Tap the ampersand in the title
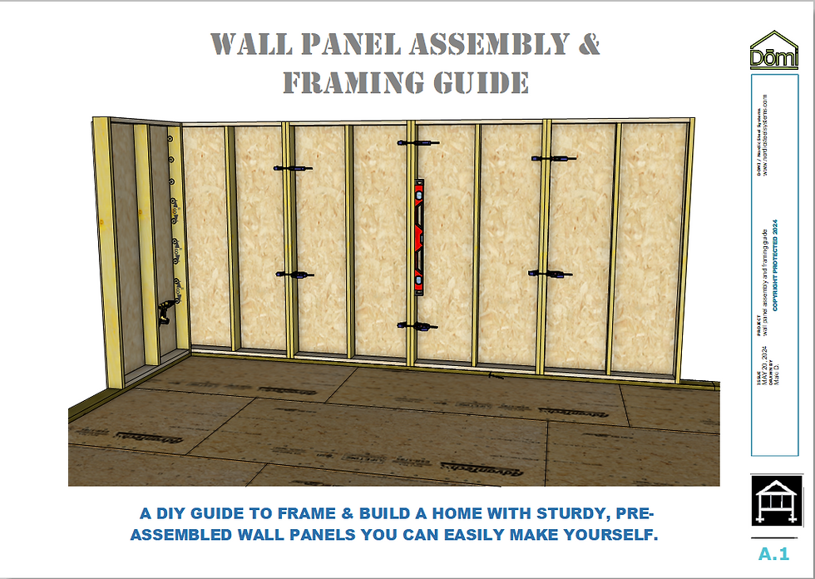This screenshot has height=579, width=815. click(x=588, y=45)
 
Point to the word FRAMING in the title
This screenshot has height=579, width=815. click(x=363, y=82)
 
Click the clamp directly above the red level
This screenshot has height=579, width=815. click(x=417, y=144)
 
